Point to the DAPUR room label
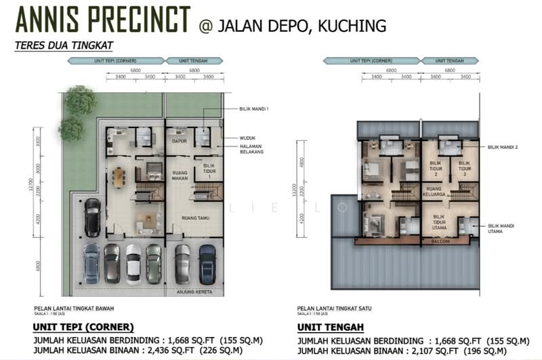coord(179,141)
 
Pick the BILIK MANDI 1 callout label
coord(254,108)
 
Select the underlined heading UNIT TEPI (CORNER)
coord(83,326)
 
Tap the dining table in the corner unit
coord(119,177)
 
